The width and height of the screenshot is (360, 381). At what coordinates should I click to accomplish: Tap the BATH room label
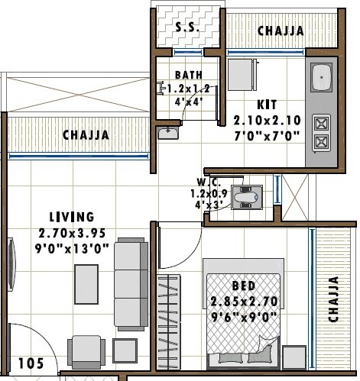tap(187, 75)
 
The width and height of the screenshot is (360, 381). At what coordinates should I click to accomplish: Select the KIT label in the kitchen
tap(266, 104)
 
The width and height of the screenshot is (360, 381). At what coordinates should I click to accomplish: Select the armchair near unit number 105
tap(83, 351)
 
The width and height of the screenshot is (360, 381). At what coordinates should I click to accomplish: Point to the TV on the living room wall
tap(11, 260)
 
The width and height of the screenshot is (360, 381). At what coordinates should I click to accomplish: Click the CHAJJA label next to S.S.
tap(280, 31)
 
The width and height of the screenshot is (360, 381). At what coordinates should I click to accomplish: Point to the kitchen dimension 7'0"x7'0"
tap(267, 137)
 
